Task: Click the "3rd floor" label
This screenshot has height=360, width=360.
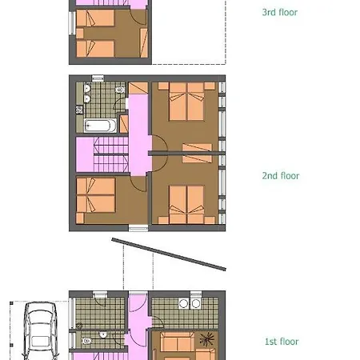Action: (x=280, y=12)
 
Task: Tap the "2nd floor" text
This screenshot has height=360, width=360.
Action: (x=281, y=176)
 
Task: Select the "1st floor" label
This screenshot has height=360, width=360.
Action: (x=282, y=342)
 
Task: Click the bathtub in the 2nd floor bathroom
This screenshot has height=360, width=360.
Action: (x=100, y=126)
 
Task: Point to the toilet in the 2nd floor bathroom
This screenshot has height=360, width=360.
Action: (x=120, y=90)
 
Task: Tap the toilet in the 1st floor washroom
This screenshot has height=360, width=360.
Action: (x=86, y=341)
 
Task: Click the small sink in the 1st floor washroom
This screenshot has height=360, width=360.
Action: (x=103, y=334)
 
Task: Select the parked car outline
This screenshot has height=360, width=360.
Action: (x=40, y=330)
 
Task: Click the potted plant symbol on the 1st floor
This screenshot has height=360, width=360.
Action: (x=207, y=339)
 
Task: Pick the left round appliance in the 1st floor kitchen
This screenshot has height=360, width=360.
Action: (x=183, y=303)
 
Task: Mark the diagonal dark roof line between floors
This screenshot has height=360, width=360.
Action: (x=169, y=254)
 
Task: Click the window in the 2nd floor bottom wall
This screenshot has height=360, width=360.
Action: (x=138, y=228)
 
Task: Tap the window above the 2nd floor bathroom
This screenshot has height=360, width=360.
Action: (x=98, y=78)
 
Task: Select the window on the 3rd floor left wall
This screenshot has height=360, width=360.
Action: (x=72, y=23)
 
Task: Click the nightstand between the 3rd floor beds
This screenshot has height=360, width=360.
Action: (x=80, y=34)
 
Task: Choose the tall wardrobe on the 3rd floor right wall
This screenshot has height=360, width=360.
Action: (x=144, y=42)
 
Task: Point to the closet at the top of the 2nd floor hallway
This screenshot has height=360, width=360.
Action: (x=138, y=88)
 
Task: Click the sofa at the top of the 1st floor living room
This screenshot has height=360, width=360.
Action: (x=178, y=342)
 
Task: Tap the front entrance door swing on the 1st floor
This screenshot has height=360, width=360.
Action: (x=138, y=302)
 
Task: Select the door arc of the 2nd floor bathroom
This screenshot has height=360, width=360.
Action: (x=119, y=104)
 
